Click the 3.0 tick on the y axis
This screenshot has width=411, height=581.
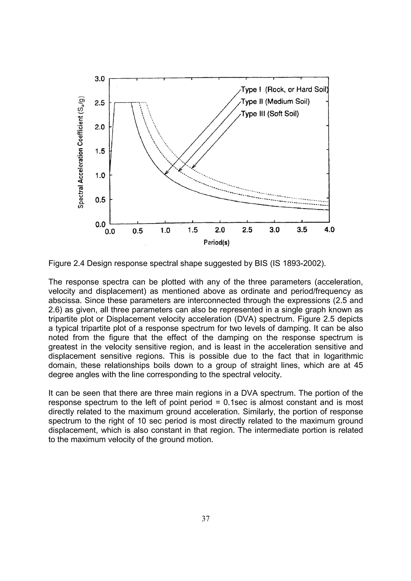[x=99, y=79]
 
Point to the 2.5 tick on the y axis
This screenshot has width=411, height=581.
[x=99, y=103]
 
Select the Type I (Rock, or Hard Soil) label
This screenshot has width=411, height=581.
[x=284, y=90]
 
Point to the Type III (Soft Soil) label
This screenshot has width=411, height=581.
[x=270, y=114]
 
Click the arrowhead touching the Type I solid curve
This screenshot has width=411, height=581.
[x=166, y=174]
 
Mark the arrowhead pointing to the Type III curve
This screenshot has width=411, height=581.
[x=193, y=167]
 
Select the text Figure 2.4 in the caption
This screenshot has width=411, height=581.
[x=65, y=264]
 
